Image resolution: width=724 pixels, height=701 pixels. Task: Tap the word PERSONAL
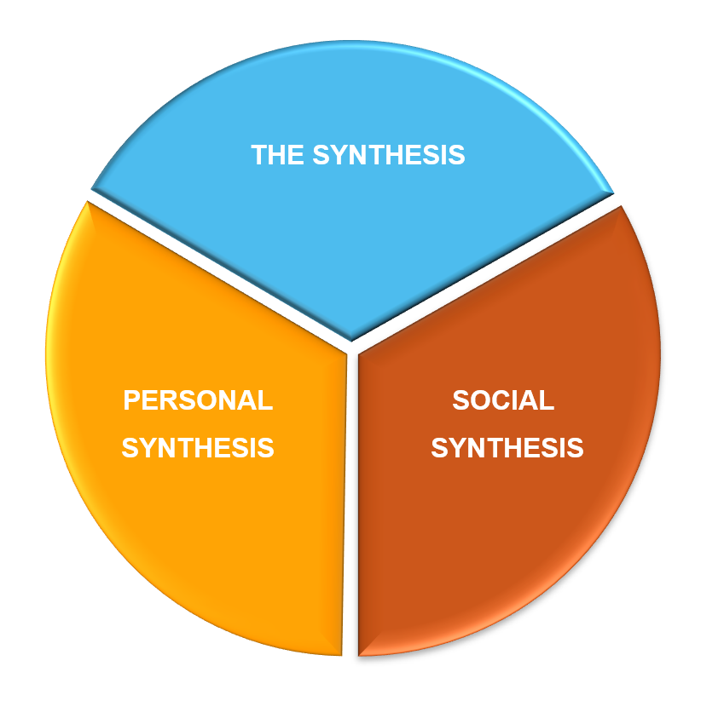tap(198, 400)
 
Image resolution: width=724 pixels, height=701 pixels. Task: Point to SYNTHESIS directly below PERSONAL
tap(198, 447)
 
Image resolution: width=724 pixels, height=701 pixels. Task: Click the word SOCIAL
tap(503, 399)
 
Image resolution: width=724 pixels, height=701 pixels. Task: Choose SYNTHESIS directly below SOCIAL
tap(507, 447)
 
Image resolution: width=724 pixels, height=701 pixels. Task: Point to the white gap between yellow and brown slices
tap(350, 511)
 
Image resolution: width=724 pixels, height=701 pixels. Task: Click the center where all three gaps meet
tap(350, 346)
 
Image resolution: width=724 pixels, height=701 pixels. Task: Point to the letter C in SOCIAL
tap(502, 399)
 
